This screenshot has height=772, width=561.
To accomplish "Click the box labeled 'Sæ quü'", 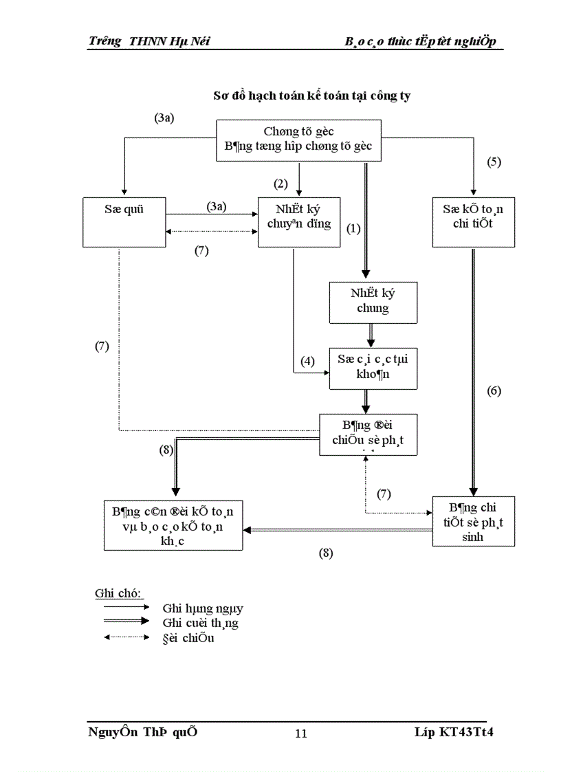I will (x=124, y=221).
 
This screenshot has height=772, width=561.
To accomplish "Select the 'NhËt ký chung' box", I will (x=373, y=301).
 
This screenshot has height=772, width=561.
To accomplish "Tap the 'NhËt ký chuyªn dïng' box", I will (x=299, y=221).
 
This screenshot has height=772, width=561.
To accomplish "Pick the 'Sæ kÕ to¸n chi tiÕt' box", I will (x=473, y=221).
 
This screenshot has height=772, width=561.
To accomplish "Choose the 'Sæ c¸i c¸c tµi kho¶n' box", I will (x=373, y=368).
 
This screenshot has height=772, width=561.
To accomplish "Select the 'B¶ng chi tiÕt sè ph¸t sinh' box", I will (x=473, y=520).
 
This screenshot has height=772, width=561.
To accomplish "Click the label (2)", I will (x=280, y=184).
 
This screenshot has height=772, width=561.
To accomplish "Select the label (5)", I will (x=494, y=162).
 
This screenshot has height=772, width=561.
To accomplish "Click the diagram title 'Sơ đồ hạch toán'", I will (x=311, y=96).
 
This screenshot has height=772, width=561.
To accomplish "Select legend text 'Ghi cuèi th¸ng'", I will (x=200, y=623).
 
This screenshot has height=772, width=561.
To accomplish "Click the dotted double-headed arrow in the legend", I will (x=126, y=638).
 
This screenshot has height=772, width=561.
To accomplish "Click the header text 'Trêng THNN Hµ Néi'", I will (x=149, y=41).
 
